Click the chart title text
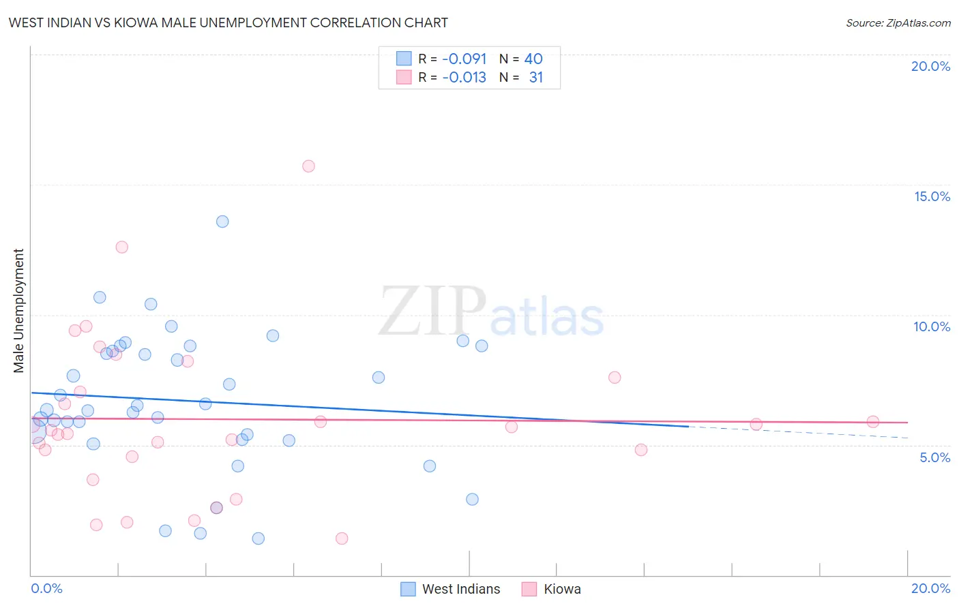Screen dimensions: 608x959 [228, 22]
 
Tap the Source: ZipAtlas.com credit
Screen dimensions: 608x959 [898, 22]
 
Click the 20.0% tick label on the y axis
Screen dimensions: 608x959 [930, 66]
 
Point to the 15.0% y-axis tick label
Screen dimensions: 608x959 [932, 196]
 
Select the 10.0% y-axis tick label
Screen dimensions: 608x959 [932, 326]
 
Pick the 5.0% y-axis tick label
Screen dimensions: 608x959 [934, 457]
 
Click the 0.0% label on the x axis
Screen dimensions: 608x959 [46, 588]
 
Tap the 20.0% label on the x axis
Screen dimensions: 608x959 [930, 588]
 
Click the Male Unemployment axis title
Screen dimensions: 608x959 [18, 311]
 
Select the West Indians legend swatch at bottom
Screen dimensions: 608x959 [408, 589]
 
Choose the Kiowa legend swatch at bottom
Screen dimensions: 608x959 [529, 589]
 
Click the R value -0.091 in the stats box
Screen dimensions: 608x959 [464, 59]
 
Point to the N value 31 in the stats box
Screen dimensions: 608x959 [536, 78]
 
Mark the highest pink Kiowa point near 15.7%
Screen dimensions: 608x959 [308, 166]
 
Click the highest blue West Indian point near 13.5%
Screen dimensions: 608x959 [222, 222]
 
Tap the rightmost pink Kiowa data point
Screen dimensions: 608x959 [872, 422]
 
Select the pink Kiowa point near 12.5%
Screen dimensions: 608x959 [122, 247]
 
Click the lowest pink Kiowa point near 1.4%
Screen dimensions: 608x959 [342, 538]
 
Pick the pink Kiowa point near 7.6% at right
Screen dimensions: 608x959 [615, 378]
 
